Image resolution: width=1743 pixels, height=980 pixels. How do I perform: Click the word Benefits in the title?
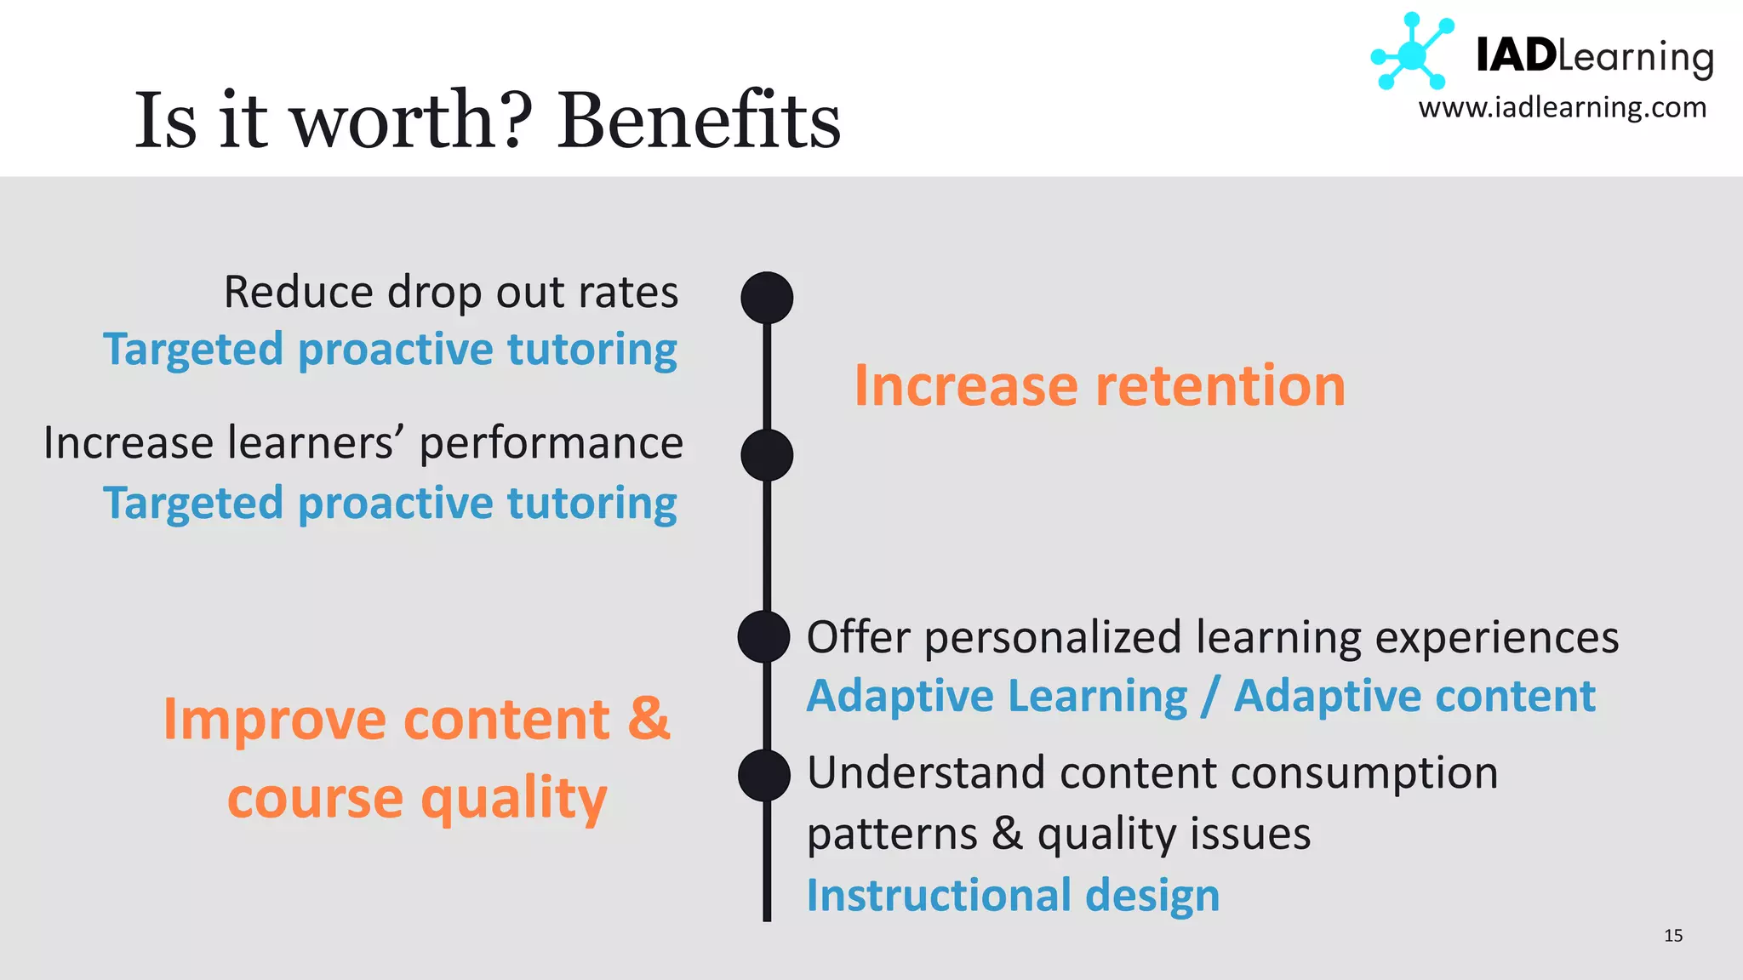click(699, 120)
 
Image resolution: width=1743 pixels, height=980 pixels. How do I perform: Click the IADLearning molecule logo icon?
click(1412, 53)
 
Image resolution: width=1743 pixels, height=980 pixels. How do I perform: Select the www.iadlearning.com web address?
click(1562, 108)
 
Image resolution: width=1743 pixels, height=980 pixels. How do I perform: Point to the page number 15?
click(1673, 936)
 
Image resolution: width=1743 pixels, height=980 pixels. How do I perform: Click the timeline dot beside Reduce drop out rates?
click(767, 298)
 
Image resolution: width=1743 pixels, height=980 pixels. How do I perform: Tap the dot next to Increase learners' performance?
click(767, 455)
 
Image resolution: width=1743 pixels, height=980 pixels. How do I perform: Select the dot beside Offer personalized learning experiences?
click(763, 636)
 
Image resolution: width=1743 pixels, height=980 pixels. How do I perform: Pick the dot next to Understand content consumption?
click(763, 775)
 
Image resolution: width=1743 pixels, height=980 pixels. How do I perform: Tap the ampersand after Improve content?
click(649, 719)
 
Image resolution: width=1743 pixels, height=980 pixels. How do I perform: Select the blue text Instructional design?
click(1013, 895)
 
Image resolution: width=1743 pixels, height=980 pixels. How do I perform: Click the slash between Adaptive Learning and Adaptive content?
click(1210, 697)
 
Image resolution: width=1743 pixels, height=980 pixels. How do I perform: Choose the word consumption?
click(1364, 774)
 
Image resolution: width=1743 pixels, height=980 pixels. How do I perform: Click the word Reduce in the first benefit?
click(298, 293)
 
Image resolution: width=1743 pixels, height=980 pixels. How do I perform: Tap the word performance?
click(551, 444)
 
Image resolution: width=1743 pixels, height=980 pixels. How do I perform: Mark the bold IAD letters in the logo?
click(1515, 56)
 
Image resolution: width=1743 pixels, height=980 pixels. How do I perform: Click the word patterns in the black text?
click(892, 835)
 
